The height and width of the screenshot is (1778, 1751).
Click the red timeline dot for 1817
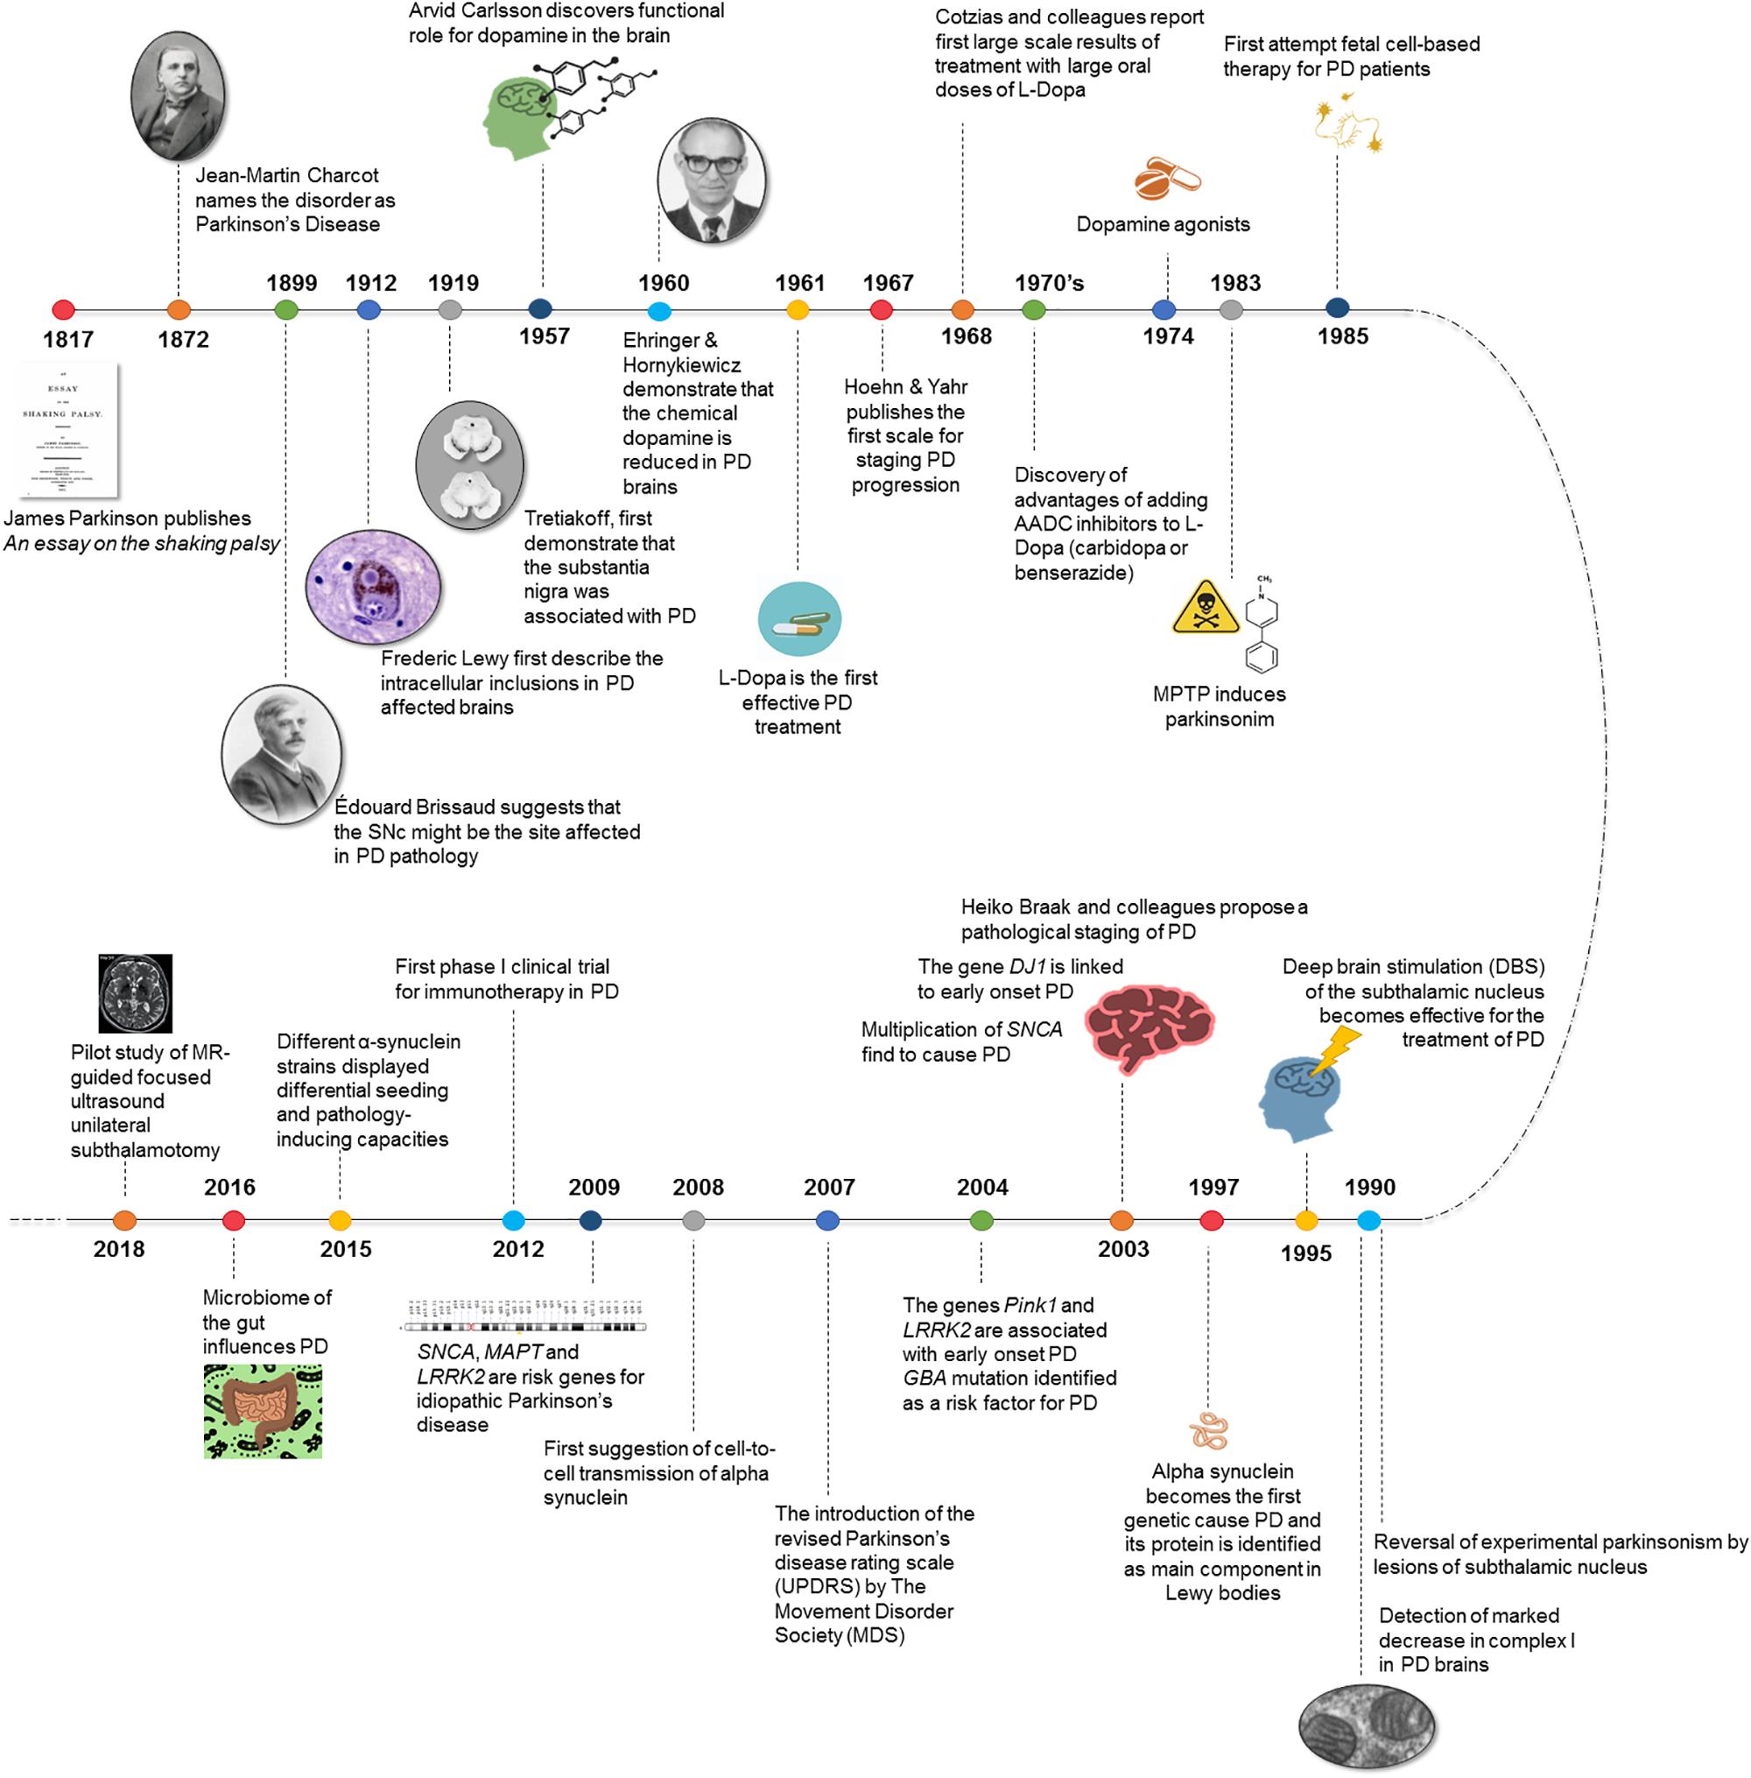[62, 310]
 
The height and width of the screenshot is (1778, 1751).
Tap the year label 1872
[183, 340]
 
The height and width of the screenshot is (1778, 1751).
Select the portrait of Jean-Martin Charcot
[178, 93]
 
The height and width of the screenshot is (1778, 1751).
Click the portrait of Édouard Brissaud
[281, 754]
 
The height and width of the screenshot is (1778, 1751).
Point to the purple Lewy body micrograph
[372, 587]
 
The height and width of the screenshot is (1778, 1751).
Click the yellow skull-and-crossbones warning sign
[1205, 609]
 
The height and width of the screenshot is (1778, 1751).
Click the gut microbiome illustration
[263, 1411]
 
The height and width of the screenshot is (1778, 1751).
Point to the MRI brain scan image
[135, 993]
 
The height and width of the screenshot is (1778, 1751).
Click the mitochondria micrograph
[1366, 1726]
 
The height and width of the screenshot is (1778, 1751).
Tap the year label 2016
[230, 1187]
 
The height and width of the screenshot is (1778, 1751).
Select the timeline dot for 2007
[827, 1221]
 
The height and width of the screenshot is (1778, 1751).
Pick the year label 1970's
[1050, 283]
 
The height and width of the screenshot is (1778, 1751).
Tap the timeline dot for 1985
[1337, 309]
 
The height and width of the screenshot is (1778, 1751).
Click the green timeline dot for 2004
[981, 1221]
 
